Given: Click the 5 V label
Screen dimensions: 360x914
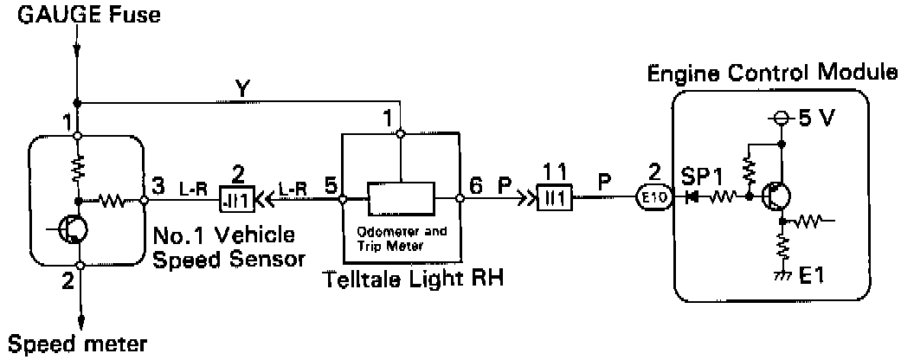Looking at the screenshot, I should (814, 119).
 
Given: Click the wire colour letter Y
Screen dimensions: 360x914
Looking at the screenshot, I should (246, 88).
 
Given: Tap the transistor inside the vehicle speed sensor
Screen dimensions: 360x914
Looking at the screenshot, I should (74, 228).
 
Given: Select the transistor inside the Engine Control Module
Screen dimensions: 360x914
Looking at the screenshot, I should (776, 197).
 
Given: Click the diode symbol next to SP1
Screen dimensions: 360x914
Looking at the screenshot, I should (691, 197).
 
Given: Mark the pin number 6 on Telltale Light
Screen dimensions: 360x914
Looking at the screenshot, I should (475, 184).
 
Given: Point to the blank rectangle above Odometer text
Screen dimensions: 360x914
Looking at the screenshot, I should (401, 197).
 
